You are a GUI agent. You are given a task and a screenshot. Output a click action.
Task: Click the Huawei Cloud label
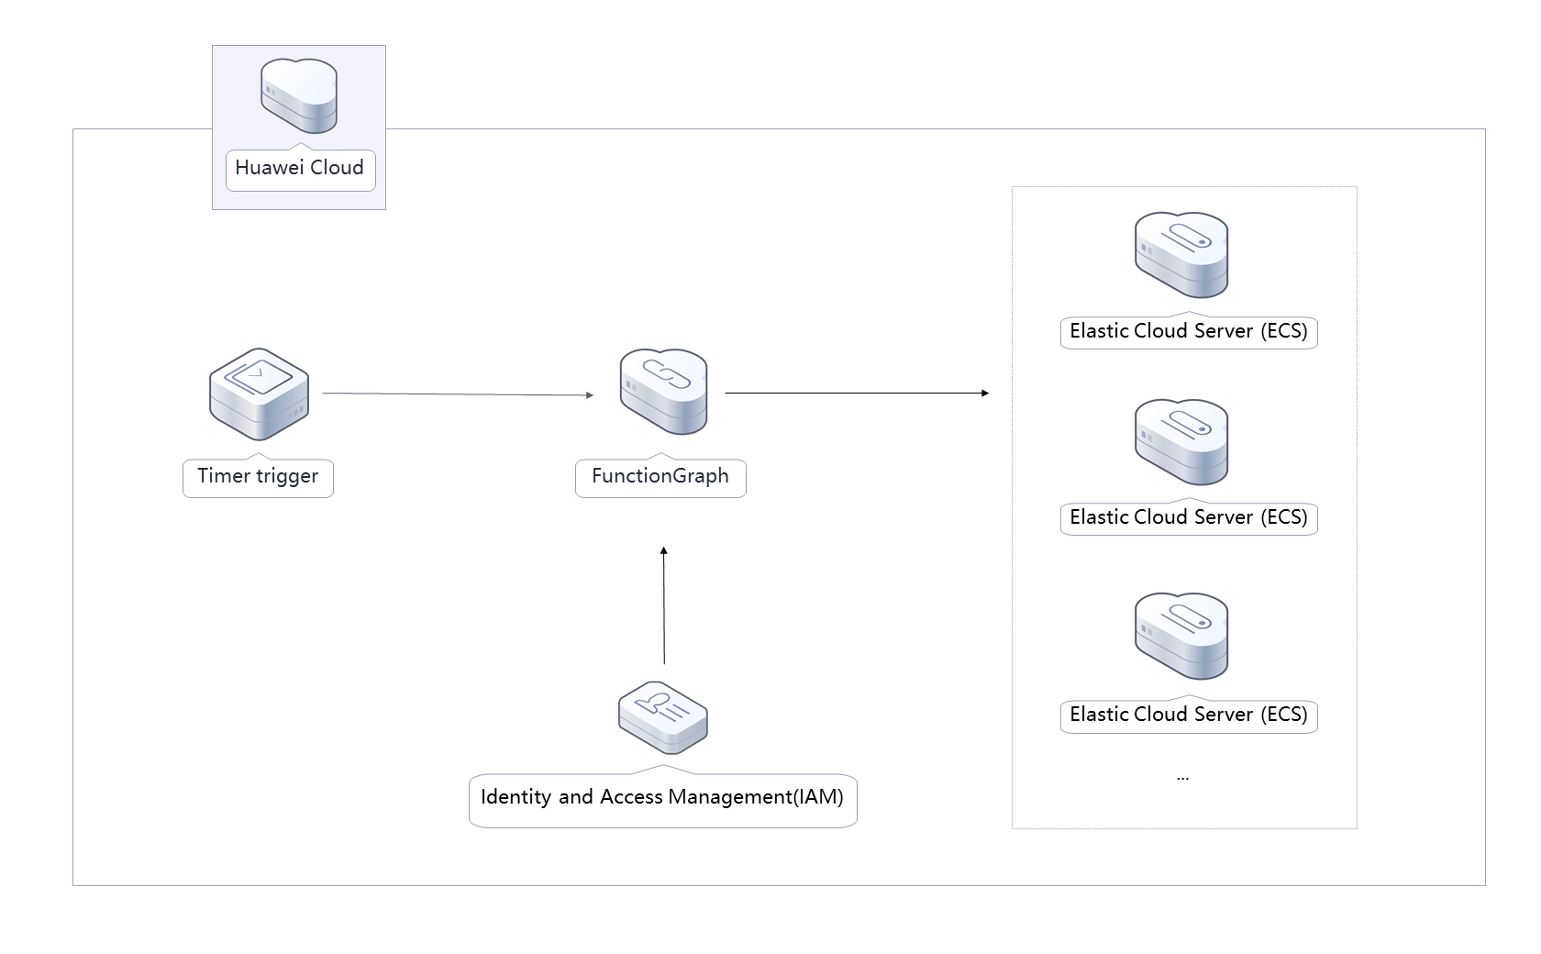(299, 168)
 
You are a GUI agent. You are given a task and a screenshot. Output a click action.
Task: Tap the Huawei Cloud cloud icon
(299, 96)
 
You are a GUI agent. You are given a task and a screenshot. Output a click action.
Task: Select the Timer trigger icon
(259, 394)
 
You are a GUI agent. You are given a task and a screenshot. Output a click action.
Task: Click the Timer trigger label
(258, 476)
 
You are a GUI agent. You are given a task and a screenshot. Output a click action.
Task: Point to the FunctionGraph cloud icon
(663, 392)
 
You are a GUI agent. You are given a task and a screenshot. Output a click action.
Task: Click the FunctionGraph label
(660, 476)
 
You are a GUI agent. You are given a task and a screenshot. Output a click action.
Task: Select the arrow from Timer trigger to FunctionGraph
(459, 394)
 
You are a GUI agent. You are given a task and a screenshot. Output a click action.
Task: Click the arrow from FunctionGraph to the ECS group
(857, 393)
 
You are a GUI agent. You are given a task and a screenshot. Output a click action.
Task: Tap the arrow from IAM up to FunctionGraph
(664, 605)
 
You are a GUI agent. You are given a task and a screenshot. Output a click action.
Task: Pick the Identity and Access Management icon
(663, 717)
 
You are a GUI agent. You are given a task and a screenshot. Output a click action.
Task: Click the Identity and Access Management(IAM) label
(662, 797)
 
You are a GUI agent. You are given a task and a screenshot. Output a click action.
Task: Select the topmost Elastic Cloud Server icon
(1181, 255)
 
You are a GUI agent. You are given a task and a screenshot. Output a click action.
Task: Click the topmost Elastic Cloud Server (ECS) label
(1189, 331)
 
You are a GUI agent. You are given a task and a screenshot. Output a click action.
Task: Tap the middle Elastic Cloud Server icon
(1181, 442)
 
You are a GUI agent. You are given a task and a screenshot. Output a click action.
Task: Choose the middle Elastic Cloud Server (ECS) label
(1189, 517)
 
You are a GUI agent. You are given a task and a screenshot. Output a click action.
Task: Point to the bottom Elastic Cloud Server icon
(1181, 637)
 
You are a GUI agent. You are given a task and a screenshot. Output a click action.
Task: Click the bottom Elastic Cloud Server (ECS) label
(1189, 715)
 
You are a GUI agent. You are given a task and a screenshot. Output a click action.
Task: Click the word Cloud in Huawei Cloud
(337, 168)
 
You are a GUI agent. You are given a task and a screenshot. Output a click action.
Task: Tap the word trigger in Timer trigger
(287, 476)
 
